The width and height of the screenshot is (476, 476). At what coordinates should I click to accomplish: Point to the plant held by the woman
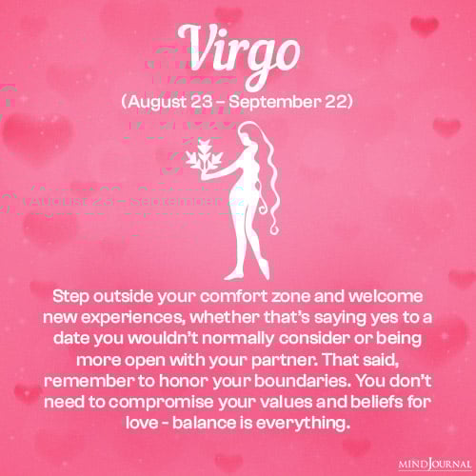[x=203, y=163]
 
